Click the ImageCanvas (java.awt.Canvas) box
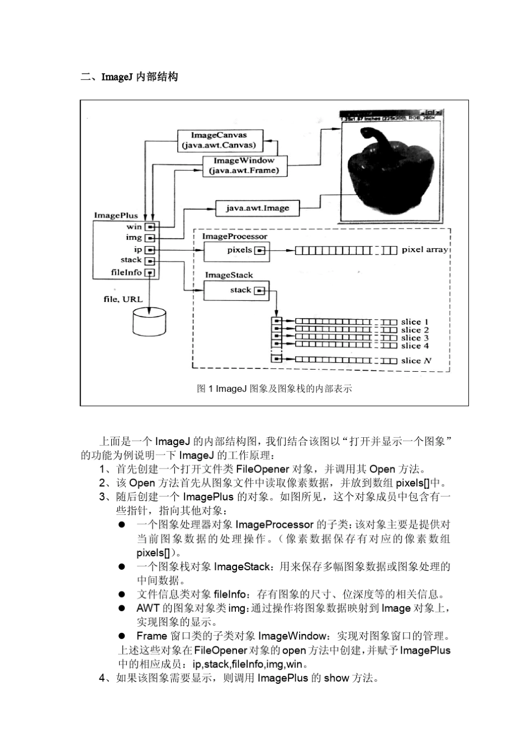tap(219, 140)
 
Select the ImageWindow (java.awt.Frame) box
tap(244, 165)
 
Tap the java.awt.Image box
tap(257, 208)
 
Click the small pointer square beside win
tap(149, 226)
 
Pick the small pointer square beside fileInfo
tap(149, 273)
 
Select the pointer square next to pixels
tap(259, 250)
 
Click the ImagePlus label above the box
tap(116, 215)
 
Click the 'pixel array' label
tap(425, 249)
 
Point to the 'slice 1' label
tap(415, 321)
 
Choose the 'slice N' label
tap(416, 361)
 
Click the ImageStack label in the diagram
tap(229, 275)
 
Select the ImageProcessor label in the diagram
tap(234, 237)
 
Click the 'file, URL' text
tap(123, 299)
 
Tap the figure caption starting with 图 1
tap(274, 389)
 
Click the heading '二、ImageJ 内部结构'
tap(129, 77)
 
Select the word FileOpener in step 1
tap(262, 469)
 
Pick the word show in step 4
tap(336, 678)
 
